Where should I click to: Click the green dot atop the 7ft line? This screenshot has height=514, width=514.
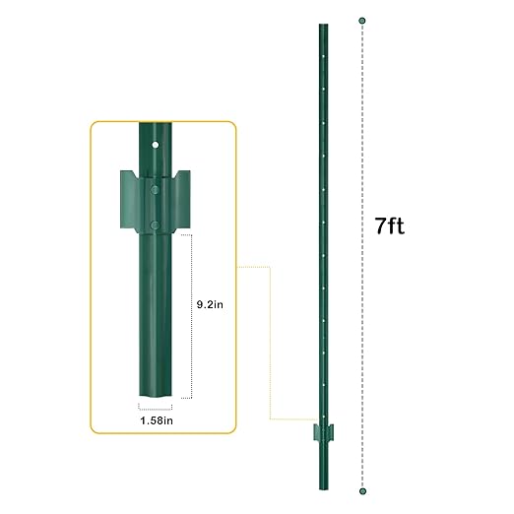pos(362,20)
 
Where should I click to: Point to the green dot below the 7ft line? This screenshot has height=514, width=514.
pos(362,489)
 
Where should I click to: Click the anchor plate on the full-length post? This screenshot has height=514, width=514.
pos(321,433)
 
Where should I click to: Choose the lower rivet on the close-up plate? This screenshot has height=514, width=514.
pos(154,226)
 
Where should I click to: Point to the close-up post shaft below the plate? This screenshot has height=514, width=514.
pos(154,315)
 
